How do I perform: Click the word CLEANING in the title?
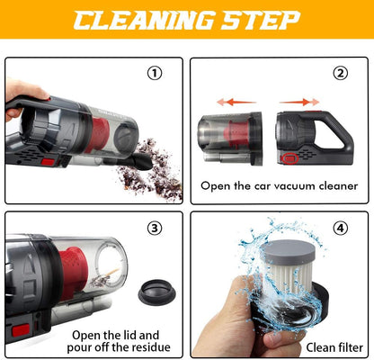point(144,21)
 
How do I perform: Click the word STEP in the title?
point(261,21)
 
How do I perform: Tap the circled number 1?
point(155,74)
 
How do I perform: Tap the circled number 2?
point(341,74)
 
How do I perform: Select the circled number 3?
point(155,229)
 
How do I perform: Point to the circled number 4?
point(341,229)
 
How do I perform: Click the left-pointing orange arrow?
point(236,102)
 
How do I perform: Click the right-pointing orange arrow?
point(299,102)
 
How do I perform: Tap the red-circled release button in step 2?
point(289,158)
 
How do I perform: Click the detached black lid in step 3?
point(157,292)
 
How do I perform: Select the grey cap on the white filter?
point(289,252)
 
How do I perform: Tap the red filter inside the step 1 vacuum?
point(98,134)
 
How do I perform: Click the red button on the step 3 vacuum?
point(21,330)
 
